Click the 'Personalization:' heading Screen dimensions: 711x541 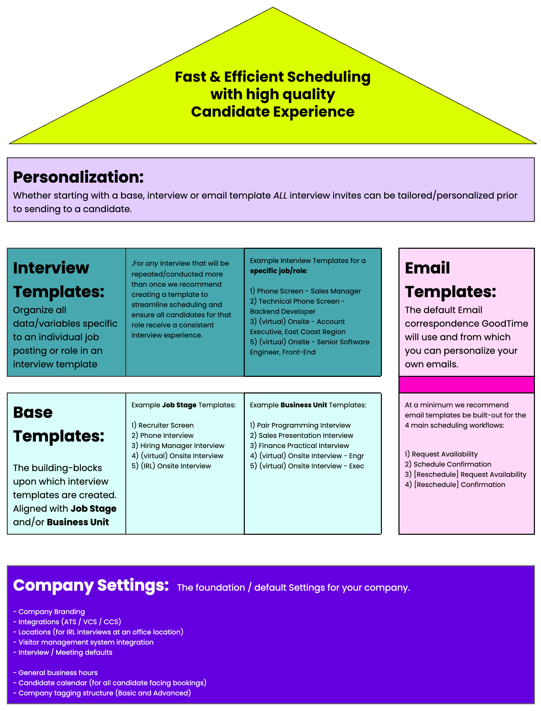(78, 177)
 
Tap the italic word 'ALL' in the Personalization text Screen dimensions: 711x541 (280, 196)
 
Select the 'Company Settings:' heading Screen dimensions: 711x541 (91, 585)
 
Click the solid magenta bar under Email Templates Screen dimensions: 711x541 (466, 385)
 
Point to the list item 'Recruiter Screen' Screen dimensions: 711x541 (166, 425)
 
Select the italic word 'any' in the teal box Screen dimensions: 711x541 (152, 263)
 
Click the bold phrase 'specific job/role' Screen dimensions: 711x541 (278, 271)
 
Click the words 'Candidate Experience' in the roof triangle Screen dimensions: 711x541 (273, 112)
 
